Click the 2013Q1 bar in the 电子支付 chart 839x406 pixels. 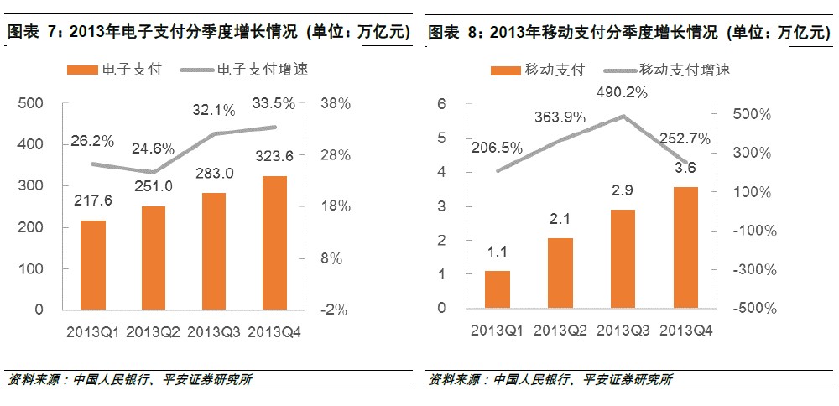click(93, 265)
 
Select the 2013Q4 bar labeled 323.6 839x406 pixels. click(274, 242)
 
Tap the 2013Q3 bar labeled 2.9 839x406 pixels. click(622, 259)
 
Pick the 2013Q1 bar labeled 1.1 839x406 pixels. click(498, 289)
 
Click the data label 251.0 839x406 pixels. click(153, 186)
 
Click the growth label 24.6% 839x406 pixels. click(154, 149)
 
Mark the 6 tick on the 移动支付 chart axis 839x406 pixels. click(441, 103)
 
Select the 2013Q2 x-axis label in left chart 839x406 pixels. click(154, 332)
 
